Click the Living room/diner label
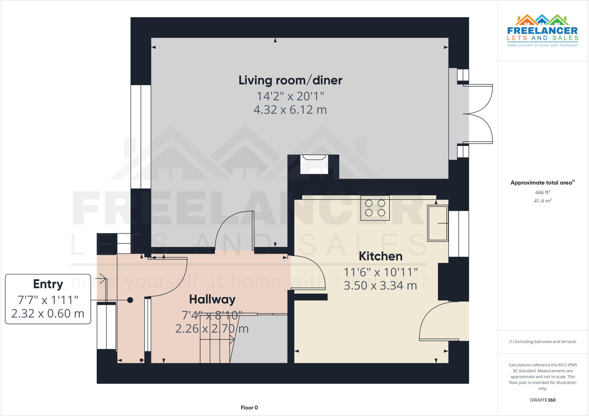click(x=290, y=80)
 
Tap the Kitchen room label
click(x=380, y=256)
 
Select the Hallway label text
click(x=212, y=299)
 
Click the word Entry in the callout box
click(x=48, y=284)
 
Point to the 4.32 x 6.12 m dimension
click(x=290, y=110)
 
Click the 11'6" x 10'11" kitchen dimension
click(x=380, y=272)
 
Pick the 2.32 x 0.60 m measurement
click(x=48, y=314)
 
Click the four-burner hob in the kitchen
click(x=375, y=208)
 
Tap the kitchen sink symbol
click(x=437, y=223)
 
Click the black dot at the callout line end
click(x=130, y=300)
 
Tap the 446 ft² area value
click(x=542, y=192)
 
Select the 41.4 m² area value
click(x=542, y=201)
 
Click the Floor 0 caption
click(x=249, y=408)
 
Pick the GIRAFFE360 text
click(x=542, y=400)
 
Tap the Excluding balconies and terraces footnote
click(x=542, y=342)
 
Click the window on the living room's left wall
click(x=141, y=137)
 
